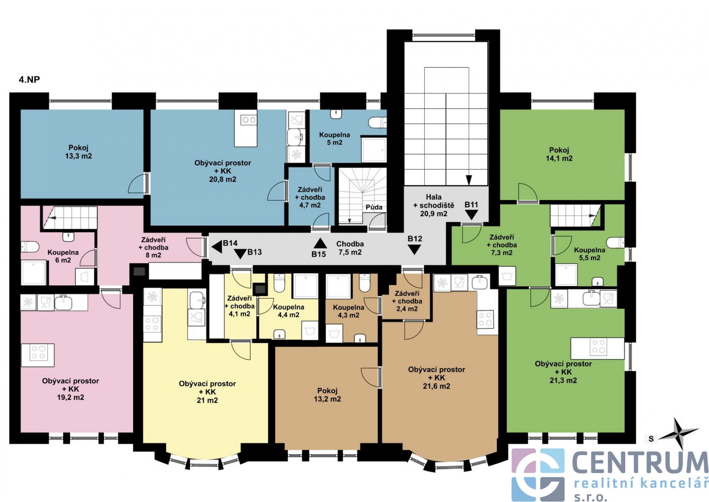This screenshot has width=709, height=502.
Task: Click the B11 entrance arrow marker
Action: click(472, 215)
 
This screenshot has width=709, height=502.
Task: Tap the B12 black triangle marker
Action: click(414, 250)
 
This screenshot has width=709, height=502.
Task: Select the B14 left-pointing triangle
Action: click(217, 247)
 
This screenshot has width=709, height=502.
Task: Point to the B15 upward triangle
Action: click(320, 243)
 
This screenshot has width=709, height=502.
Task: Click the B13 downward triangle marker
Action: click(240, 254)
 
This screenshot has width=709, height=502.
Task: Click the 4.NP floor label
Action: click(29, 79)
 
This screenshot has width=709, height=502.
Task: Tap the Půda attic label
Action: click(374, 207)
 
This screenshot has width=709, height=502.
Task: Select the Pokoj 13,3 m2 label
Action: click(79, 152)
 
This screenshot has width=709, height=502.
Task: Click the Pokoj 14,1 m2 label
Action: click(559, 154)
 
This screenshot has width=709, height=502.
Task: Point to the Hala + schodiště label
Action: click(434, 205)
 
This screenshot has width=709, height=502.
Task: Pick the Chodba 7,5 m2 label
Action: click(350, 248)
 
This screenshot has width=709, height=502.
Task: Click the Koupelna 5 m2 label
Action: click(334, 139)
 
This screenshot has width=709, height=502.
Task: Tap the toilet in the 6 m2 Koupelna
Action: click(30, 247)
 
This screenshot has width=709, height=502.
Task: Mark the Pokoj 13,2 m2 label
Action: click(327, 394)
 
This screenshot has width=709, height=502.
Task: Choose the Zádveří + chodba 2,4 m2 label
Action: click(407, 301)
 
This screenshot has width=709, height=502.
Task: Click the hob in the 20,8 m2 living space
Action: click(249, 120)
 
